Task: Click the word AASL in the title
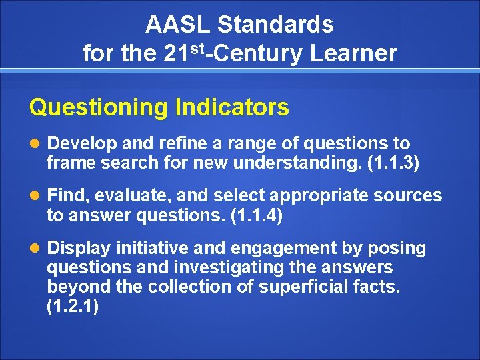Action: (178, 25)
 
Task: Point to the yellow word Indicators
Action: (232, 107)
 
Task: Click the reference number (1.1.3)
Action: (393, 162)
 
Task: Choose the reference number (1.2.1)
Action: (73, 306)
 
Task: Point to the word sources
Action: (405, 196)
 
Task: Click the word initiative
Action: (152, 249)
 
